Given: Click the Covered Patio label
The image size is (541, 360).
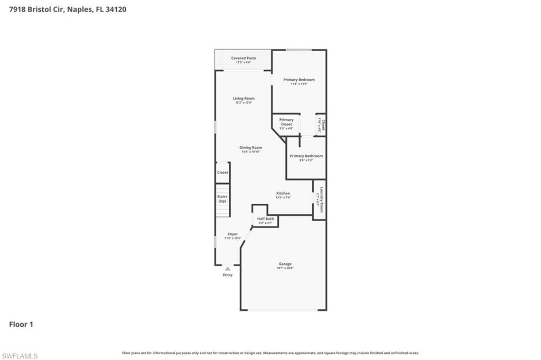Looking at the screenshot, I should (243, 58).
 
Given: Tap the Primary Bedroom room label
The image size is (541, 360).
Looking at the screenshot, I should (299, 80).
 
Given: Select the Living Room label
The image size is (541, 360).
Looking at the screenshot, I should (244, 98).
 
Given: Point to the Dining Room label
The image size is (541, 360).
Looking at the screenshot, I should (251, 148).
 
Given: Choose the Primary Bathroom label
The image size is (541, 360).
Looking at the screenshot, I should (306, 156).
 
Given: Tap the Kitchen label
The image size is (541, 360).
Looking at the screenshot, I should (283, 193).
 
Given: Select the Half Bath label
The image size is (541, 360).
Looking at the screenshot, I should (265, 219).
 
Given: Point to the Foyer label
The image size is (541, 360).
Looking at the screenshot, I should (232, 234).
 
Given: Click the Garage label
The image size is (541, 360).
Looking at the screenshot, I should (285, 264).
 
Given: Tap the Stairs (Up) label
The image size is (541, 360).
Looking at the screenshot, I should (222, 198).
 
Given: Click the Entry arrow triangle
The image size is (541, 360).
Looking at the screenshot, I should (228, 269).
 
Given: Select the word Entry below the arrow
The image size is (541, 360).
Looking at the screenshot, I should (228, 275).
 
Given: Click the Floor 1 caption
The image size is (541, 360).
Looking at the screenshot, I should (21, 325).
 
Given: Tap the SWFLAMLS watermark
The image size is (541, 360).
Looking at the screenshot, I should (20, 356).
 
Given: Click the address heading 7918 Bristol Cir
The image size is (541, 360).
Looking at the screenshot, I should (36, 9).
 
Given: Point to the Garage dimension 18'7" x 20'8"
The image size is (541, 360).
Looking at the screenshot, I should (285, 268).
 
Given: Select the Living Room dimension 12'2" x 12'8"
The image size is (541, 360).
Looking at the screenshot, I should (244, 102).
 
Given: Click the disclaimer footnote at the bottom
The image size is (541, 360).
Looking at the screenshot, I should (270, 353).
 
